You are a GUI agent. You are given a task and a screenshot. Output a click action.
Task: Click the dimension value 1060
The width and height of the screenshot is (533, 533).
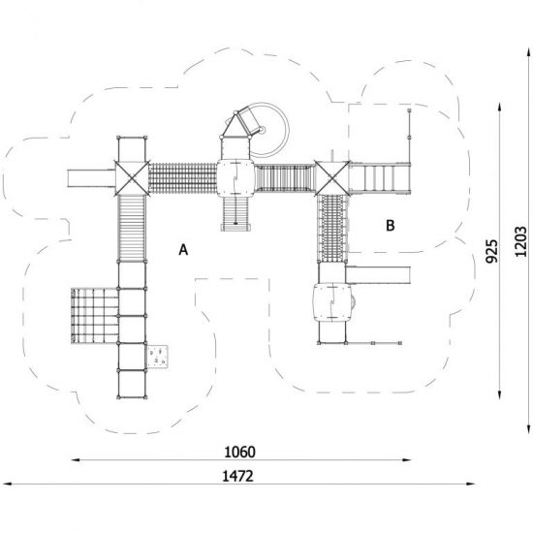239,453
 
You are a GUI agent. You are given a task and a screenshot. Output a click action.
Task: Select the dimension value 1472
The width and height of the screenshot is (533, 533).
237,476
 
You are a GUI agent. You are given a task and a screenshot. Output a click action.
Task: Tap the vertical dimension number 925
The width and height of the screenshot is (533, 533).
491,251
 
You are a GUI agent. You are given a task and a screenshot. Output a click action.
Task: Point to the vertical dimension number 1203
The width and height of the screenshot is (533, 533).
520,241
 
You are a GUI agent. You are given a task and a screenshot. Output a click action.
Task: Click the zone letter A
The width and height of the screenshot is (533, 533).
183,250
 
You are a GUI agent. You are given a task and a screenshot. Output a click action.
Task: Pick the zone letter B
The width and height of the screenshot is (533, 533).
391,226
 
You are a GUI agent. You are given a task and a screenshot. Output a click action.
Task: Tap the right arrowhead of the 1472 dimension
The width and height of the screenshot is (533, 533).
471,484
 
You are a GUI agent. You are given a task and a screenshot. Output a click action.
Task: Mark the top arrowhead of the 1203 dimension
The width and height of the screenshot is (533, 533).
529,53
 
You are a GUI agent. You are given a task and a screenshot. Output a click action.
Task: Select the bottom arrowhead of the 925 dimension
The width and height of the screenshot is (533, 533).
499,394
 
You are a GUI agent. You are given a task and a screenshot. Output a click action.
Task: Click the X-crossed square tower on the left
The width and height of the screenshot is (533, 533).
132,178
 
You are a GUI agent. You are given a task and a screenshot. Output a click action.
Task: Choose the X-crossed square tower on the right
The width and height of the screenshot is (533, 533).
331,178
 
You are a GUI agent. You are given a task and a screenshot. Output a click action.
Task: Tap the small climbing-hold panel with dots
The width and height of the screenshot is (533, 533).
157,357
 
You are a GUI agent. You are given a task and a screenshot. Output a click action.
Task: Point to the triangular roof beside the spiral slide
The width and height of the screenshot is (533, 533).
235,126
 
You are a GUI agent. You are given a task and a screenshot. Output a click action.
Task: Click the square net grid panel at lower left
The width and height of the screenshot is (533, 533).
95,316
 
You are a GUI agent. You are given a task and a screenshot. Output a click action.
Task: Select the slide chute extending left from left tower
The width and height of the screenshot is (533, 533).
91,178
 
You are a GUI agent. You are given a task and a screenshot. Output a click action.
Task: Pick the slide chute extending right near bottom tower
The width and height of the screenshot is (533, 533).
378,275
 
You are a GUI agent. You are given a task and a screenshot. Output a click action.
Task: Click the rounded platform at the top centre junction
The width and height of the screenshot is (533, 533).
235,178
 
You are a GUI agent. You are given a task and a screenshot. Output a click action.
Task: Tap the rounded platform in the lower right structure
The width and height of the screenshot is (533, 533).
332,302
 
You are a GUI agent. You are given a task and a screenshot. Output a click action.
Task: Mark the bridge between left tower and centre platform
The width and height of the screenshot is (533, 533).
183,178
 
